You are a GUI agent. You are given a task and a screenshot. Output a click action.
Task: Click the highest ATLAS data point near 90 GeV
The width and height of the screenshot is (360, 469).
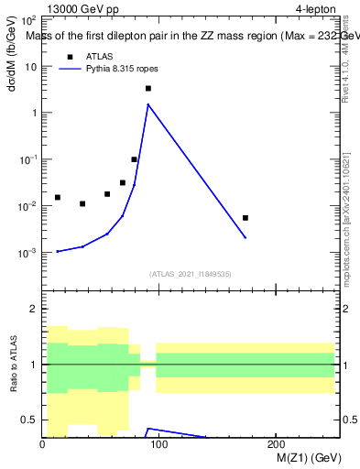point(147,89)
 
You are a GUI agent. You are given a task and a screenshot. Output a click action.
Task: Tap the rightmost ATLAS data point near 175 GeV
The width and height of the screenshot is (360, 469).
point(245,218)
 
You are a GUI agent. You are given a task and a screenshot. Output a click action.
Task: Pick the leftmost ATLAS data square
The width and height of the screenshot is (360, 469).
point(57,197)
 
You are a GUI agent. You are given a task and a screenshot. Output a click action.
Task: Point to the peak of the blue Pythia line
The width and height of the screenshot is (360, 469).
point(147,104)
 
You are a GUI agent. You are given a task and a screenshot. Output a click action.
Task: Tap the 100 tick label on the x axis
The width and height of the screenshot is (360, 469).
point(159,444)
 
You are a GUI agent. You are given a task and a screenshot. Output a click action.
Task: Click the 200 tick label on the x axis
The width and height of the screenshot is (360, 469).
point(276,444)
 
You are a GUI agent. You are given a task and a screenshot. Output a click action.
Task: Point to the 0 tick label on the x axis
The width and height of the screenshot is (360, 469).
point(42,444)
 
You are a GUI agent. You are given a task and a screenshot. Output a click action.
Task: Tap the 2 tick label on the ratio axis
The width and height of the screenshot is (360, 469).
point(34,309)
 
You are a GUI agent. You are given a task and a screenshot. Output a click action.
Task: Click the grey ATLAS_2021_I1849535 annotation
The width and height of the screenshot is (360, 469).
point(191,274)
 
